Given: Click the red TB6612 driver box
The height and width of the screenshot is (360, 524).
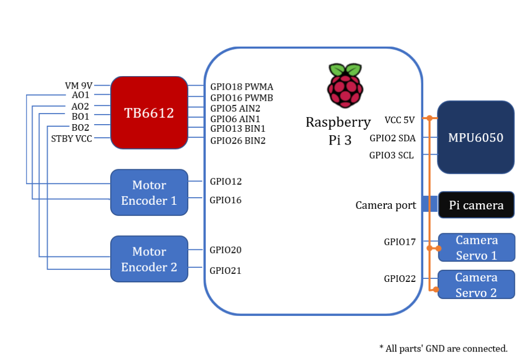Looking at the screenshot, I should point(149,113).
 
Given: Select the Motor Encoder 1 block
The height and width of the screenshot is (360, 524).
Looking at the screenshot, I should point(149,193).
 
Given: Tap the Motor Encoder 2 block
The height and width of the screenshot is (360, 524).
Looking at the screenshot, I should point(149,259).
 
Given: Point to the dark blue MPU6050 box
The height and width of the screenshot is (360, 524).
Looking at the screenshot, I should point(476,137).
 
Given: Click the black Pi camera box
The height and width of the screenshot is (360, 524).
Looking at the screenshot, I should point(476,205).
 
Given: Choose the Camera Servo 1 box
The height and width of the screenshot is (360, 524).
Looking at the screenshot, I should point(476,247).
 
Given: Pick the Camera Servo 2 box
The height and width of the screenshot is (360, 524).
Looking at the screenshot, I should point(476,285).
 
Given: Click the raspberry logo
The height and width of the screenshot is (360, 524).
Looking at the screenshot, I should point(345,86).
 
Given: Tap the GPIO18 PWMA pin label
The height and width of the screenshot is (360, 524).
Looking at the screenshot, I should point(241,87).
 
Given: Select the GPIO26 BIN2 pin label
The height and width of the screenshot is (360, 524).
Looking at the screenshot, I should point(237,141).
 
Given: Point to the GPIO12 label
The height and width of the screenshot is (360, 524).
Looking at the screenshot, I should point(225,181).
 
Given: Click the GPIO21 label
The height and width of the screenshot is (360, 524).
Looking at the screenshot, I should point(225,271).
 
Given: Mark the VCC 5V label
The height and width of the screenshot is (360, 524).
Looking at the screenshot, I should point(399,120).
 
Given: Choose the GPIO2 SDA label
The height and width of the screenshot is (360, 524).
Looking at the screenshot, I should point(392,138).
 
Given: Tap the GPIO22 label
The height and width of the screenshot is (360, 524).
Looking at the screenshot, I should point(400,279).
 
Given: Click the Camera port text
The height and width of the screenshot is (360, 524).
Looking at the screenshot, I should point(385,205).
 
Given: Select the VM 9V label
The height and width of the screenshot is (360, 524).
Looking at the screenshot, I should point(79,86).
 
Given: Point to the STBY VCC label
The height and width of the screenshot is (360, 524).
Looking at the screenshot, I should point(72,139).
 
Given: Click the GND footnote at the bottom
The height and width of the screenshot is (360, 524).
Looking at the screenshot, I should point(443,348).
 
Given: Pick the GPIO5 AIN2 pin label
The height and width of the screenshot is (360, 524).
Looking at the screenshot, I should point(235,108).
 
